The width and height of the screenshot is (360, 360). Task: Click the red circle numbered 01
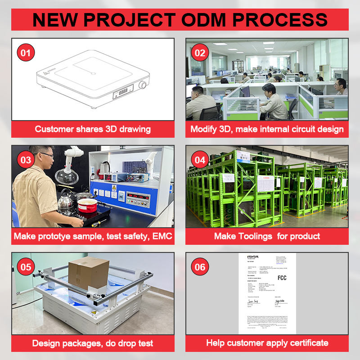pyautogui.click(x=26, y=53)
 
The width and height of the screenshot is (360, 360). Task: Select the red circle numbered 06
pyautogui.click(x=200, y=267)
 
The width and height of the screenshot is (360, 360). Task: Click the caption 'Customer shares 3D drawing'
pyautogui.click(x=93, y=129)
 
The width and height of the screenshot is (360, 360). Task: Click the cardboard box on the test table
pyautogui.click(x=89, y=273)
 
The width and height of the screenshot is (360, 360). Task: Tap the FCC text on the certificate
pyautogui.click(x=282, y=278)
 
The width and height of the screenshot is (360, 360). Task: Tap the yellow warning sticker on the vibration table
pyautogui.click(x=94, y=312)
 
